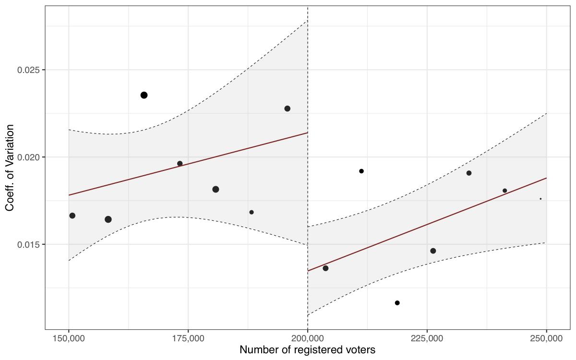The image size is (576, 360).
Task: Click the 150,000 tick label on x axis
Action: click(x=69, y=338)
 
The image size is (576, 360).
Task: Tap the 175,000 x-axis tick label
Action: click(x=188, y=338)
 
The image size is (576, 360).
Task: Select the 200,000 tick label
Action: click(x=307, y=338)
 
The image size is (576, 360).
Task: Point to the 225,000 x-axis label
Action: click(x=427, y=338)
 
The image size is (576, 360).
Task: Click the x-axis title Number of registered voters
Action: click(x=307, y=350)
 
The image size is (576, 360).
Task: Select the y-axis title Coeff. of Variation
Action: click(x=10, y=168)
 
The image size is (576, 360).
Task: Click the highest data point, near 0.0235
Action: click(x=144, y=95)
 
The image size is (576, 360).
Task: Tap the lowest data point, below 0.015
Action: click(x=397, y=303)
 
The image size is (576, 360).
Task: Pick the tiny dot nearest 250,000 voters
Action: click(x=540, y=199)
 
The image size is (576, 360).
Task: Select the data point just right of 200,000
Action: click(x=325, y=268)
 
